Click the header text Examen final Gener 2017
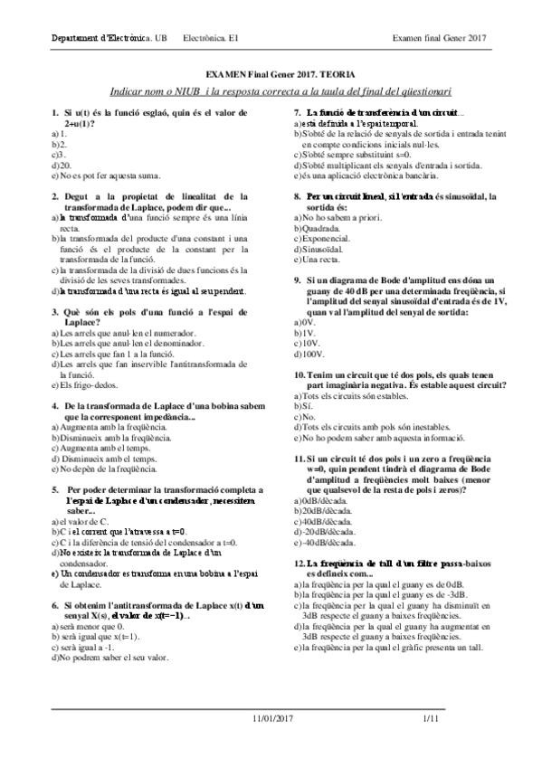click(440, 38)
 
